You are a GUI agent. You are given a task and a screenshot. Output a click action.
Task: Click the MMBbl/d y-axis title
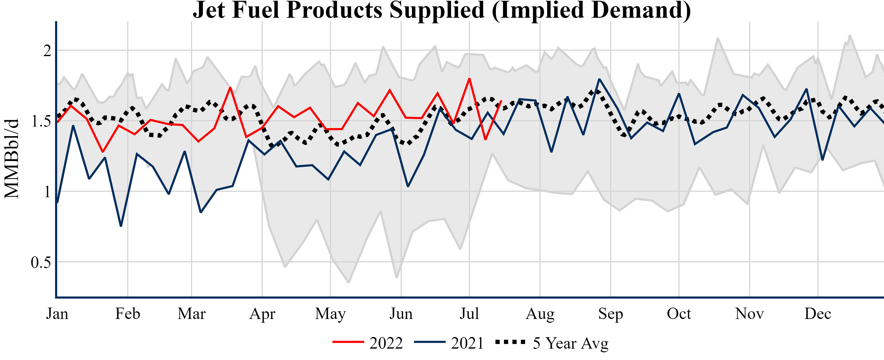[x=12, y=159]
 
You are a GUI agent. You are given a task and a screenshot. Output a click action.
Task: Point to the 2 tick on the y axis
[x=47, y=51]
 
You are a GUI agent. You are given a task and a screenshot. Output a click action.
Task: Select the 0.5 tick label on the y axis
[x=41, y=263]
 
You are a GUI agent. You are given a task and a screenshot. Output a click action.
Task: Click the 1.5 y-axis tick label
[x=41, y=121]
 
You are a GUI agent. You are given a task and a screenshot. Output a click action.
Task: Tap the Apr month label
[x=262, y=314]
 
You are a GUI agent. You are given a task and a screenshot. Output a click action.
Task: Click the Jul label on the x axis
[x=469, y=314]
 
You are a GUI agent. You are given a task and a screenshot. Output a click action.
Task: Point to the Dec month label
[x=818, y=314]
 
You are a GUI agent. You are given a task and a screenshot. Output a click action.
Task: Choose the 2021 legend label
[x=467, y=343]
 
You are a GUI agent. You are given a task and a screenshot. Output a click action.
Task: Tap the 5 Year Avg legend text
[x=570, y=343]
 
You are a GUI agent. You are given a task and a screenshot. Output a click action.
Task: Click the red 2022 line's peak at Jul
[x=469, y=79]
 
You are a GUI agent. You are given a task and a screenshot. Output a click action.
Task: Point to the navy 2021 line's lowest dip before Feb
[x=121, y=226]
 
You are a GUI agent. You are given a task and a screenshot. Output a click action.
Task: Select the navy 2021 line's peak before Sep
[x=599, y=79]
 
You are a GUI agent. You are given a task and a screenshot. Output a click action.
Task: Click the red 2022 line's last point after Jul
[x=501, y=101]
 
